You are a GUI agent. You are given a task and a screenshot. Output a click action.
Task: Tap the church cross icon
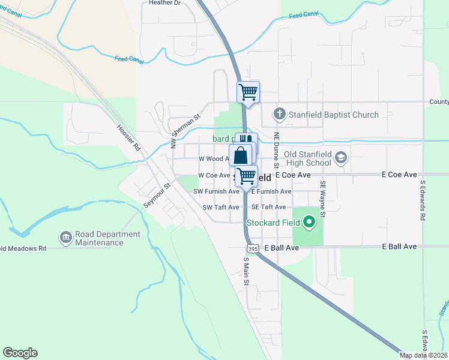tap(279, 114)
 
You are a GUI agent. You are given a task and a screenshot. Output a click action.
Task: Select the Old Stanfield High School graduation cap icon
tap(341, 158)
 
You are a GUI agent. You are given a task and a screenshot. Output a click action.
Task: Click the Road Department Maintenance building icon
tap(65, 238)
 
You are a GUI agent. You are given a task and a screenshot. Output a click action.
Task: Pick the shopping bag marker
tap(240, 155)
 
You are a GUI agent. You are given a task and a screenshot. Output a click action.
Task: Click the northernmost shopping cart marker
tap(249, 92)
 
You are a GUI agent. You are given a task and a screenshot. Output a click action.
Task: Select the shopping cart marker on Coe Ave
tap(246, 176)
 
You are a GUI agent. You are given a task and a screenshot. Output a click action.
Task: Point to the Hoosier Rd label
tap(128, 138)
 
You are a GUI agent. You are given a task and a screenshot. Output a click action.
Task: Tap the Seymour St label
tap(158, 196)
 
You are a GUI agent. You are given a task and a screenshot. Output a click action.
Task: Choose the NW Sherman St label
tap(184, 132)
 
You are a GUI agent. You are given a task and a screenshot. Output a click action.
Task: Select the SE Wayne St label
tap(323, 199)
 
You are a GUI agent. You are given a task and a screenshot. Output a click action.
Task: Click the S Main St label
tap(246, 272)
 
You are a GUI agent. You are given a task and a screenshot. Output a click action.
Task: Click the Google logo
tap(20, 353)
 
